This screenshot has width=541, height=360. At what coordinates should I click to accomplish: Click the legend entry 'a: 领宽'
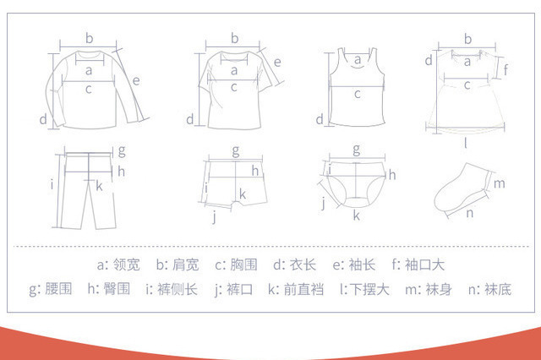118,265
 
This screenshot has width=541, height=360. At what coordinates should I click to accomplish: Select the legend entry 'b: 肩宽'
178,265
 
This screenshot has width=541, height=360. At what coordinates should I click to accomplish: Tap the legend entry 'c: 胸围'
236,265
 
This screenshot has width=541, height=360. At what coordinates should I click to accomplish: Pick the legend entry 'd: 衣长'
295,265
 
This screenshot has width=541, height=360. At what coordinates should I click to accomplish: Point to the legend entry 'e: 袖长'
354,265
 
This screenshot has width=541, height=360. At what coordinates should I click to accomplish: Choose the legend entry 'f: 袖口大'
418,265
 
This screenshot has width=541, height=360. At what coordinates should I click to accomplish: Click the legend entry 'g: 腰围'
51,289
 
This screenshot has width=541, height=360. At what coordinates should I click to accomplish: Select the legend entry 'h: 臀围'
109,289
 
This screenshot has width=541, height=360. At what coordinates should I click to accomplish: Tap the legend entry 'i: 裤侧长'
172,289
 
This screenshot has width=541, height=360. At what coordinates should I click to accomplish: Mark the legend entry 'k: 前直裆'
296,289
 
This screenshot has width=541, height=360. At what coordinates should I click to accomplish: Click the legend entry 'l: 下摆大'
364,289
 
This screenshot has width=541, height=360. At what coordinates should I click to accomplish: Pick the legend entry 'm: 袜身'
429,289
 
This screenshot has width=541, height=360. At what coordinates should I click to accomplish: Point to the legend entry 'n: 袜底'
489,289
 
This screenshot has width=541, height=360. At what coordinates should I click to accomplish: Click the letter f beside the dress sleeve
505,69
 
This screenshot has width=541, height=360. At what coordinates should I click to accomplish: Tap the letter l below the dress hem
466,143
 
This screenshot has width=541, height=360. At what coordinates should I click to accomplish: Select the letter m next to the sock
500,183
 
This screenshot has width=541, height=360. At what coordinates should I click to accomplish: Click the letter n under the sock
470,214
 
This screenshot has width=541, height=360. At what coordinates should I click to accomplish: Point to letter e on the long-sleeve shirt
136,81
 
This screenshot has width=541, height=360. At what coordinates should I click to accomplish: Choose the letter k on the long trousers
99,186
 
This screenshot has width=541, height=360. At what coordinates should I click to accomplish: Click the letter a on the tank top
358,60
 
